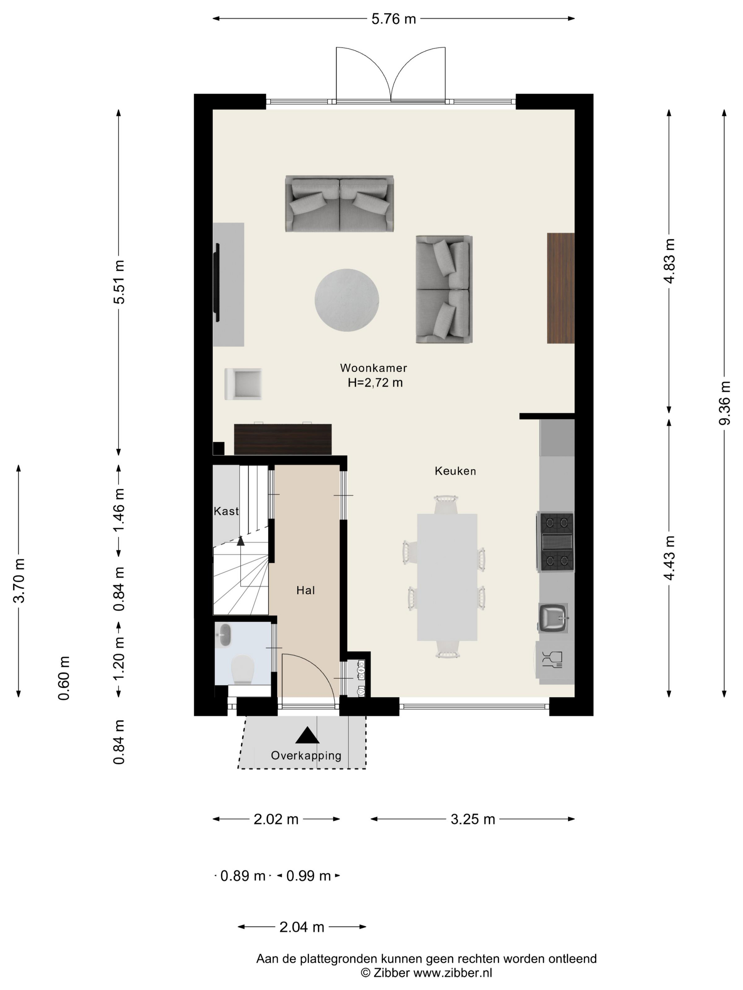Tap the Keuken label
pyautogui.click(x=455, y=471)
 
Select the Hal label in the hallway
pyautogui.click(x=305, y=590)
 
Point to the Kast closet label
pyautogui.click(x=226, y=511)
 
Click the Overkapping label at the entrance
pyautogui.click(x=306, y=756)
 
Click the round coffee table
pyautogui.click(x=347, y=300)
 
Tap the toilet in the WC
pyautogui.click(x=243, y=668)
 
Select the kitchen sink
pyautogui.click(x=554, y=618)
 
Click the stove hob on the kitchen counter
pyautogui.click(x=555, y=542)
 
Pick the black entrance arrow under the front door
pyautogui.click(x=307, y=735)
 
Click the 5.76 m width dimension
pyautogui.click(x=394, y=19)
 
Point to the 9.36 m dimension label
pyautogui.click(x=724, y=403)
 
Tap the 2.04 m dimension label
pyautogui.click(x=301, y=927)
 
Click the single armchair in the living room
pyautogui.click(x=243, y=384)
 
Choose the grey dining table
pyautogui.click(x=447, y=577)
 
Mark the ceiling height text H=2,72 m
pyautogui.click(x=375, y=383)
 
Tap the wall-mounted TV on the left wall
pyautogui.click(x=218, y=283)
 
